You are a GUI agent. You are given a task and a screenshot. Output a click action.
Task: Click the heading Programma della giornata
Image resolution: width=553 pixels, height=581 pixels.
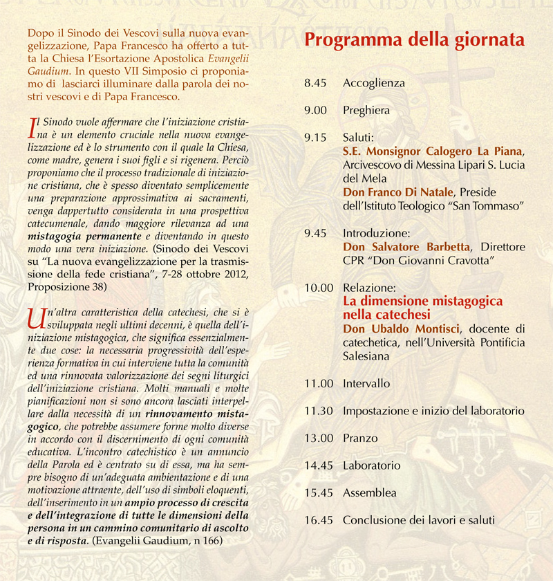point(415,39)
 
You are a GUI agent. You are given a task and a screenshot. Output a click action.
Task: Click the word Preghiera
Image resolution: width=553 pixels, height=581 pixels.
point(366,111)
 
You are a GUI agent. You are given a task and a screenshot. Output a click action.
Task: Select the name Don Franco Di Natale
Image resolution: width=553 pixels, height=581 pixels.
point(396,192)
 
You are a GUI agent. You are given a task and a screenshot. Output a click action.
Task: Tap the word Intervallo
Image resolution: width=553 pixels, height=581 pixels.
point(366,383)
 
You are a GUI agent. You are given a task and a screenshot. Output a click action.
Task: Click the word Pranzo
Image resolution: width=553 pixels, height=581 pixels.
point(360,439)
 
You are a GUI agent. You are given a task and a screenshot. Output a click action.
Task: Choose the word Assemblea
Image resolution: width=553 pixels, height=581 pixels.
point(370,493)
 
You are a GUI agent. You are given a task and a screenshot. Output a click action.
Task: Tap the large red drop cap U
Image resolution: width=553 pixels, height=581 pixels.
point(35,317)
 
